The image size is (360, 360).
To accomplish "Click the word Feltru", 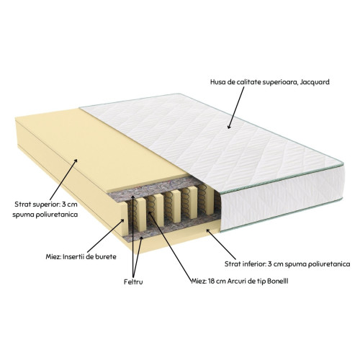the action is pyautogui.click(x=133, y=282).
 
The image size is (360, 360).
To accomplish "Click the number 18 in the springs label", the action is pyautogui.click(x=211, y=281).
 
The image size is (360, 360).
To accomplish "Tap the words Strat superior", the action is pyautogui.click(x=36, y=204).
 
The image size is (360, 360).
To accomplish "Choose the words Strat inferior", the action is pyautogui.click(x=245, y=264).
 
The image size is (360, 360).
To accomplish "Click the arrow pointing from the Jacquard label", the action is pyautogui.click(x=235, y=107).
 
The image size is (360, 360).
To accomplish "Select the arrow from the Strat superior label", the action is pyautogui.click(x=63, y=179).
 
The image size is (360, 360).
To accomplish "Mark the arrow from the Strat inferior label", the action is pyautogui.click(x=221, y=244).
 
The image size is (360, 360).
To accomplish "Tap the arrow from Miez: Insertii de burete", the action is pyautogui.click(x=107, y=235).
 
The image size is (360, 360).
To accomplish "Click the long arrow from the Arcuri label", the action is pyautogui.click(x=171, y=246).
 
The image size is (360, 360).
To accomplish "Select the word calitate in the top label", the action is pyautogui.click(x=248, y=82).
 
